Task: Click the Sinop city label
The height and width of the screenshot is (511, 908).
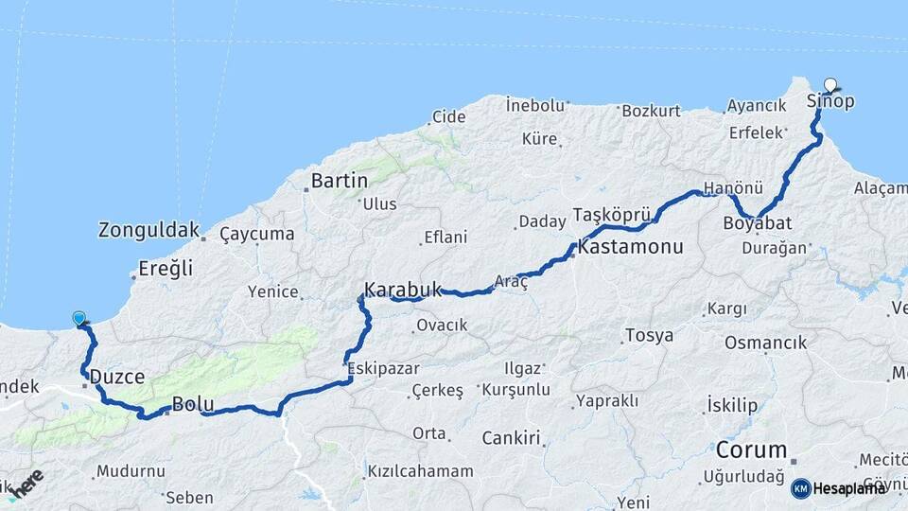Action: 830,101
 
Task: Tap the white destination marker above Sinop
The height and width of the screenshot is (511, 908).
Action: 830,84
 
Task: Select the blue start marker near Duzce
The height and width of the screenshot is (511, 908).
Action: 79,319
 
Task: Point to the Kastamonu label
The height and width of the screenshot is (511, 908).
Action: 630,248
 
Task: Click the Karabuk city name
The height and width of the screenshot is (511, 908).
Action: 403,290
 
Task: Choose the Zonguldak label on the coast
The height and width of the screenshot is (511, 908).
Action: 149,230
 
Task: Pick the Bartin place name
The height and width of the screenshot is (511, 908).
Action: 339,180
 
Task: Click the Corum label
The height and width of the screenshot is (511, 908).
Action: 752,449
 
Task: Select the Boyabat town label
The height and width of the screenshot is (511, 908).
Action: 757,223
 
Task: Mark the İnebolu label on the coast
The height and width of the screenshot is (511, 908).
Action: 534,104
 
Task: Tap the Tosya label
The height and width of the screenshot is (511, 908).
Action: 649,336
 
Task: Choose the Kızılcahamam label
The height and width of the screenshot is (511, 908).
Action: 420,471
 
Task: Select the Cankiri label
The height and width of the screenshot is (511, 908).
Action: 511,438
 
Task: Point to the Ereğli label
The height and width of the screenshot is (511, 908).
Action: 166,269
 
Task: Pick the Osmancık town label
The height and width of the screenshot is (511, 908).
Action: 775,343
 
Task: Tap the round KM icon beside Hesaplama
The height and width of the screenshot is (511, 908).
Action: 801,488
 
